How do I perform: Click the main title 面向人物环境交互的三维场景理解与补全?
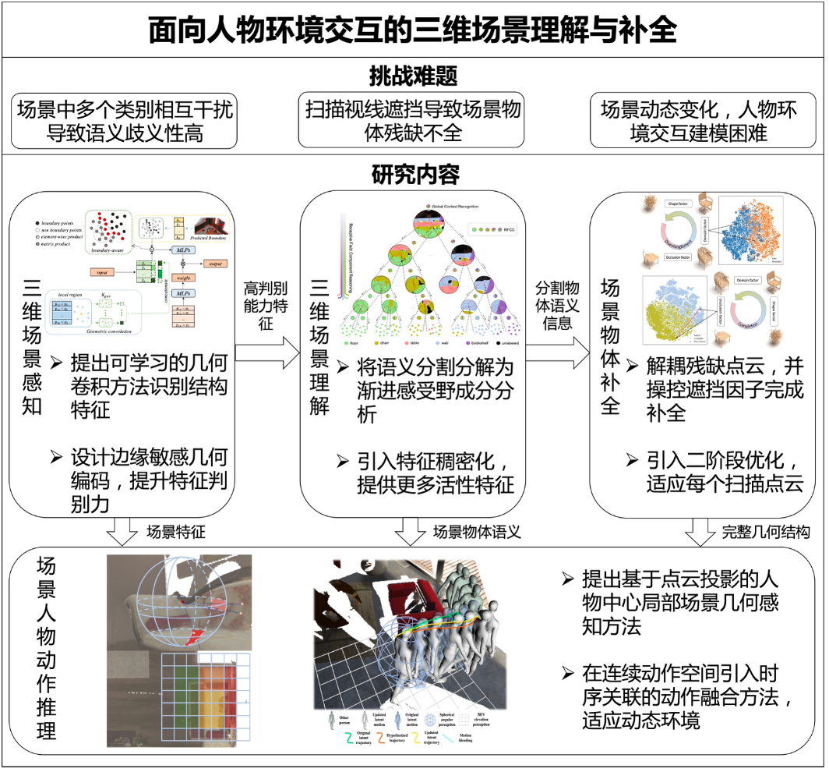coord(413,30)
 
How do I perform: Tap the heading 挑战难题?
coord(413,76)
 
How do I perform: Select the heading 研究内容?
coord(413,173)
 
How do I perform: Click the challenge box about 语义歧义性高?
coord(125,121)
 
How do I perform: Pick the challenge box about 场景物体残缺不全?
coord(413,121)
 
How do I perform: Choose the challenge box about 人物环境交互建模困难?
coord(699,121)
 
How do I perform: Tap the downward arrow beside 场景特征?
coord(121,533)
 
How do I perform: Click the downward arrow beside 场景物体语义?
coord(411,533)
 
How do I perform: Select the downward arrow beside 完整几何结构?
coord(699,533)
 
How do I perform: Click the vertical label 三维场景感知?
coord(32,346)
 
